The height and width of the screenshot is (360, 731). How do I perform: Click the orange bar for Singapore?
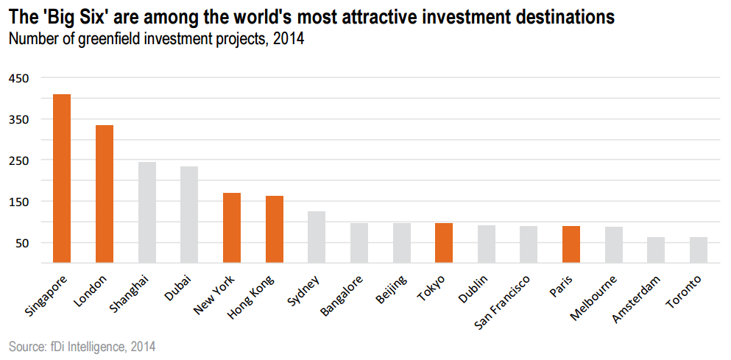coord(62,178)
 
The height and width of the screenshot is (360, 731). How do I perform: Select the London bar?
coord(105,194)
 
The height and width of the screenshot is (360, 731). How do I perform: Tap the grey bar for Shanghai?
coord(147,212)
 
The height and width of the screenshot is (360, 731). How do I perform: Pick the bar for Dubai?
coord(189,214)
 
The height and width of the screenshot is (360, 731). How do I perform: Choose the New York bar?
coord(232,227)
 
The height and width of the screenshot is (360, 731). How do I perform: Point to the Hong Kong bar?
coord(275,229)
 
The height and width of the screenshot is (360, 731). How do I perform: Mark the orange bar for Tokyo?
coord(444,243)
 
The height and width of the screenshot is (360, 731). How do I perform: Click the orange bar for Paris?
coord(571,244)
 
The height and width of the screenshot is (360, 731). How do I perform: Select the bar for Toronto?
coord(699,250)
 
